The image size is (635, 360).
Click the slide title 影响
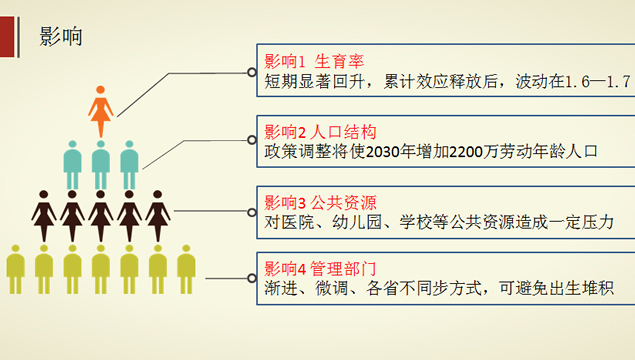click(x=60, y=38)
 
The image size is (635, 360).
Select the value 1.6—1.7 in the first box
click(x=598, y=81)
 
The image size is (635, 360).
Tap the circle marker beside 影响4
click(x=252, y=278)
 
